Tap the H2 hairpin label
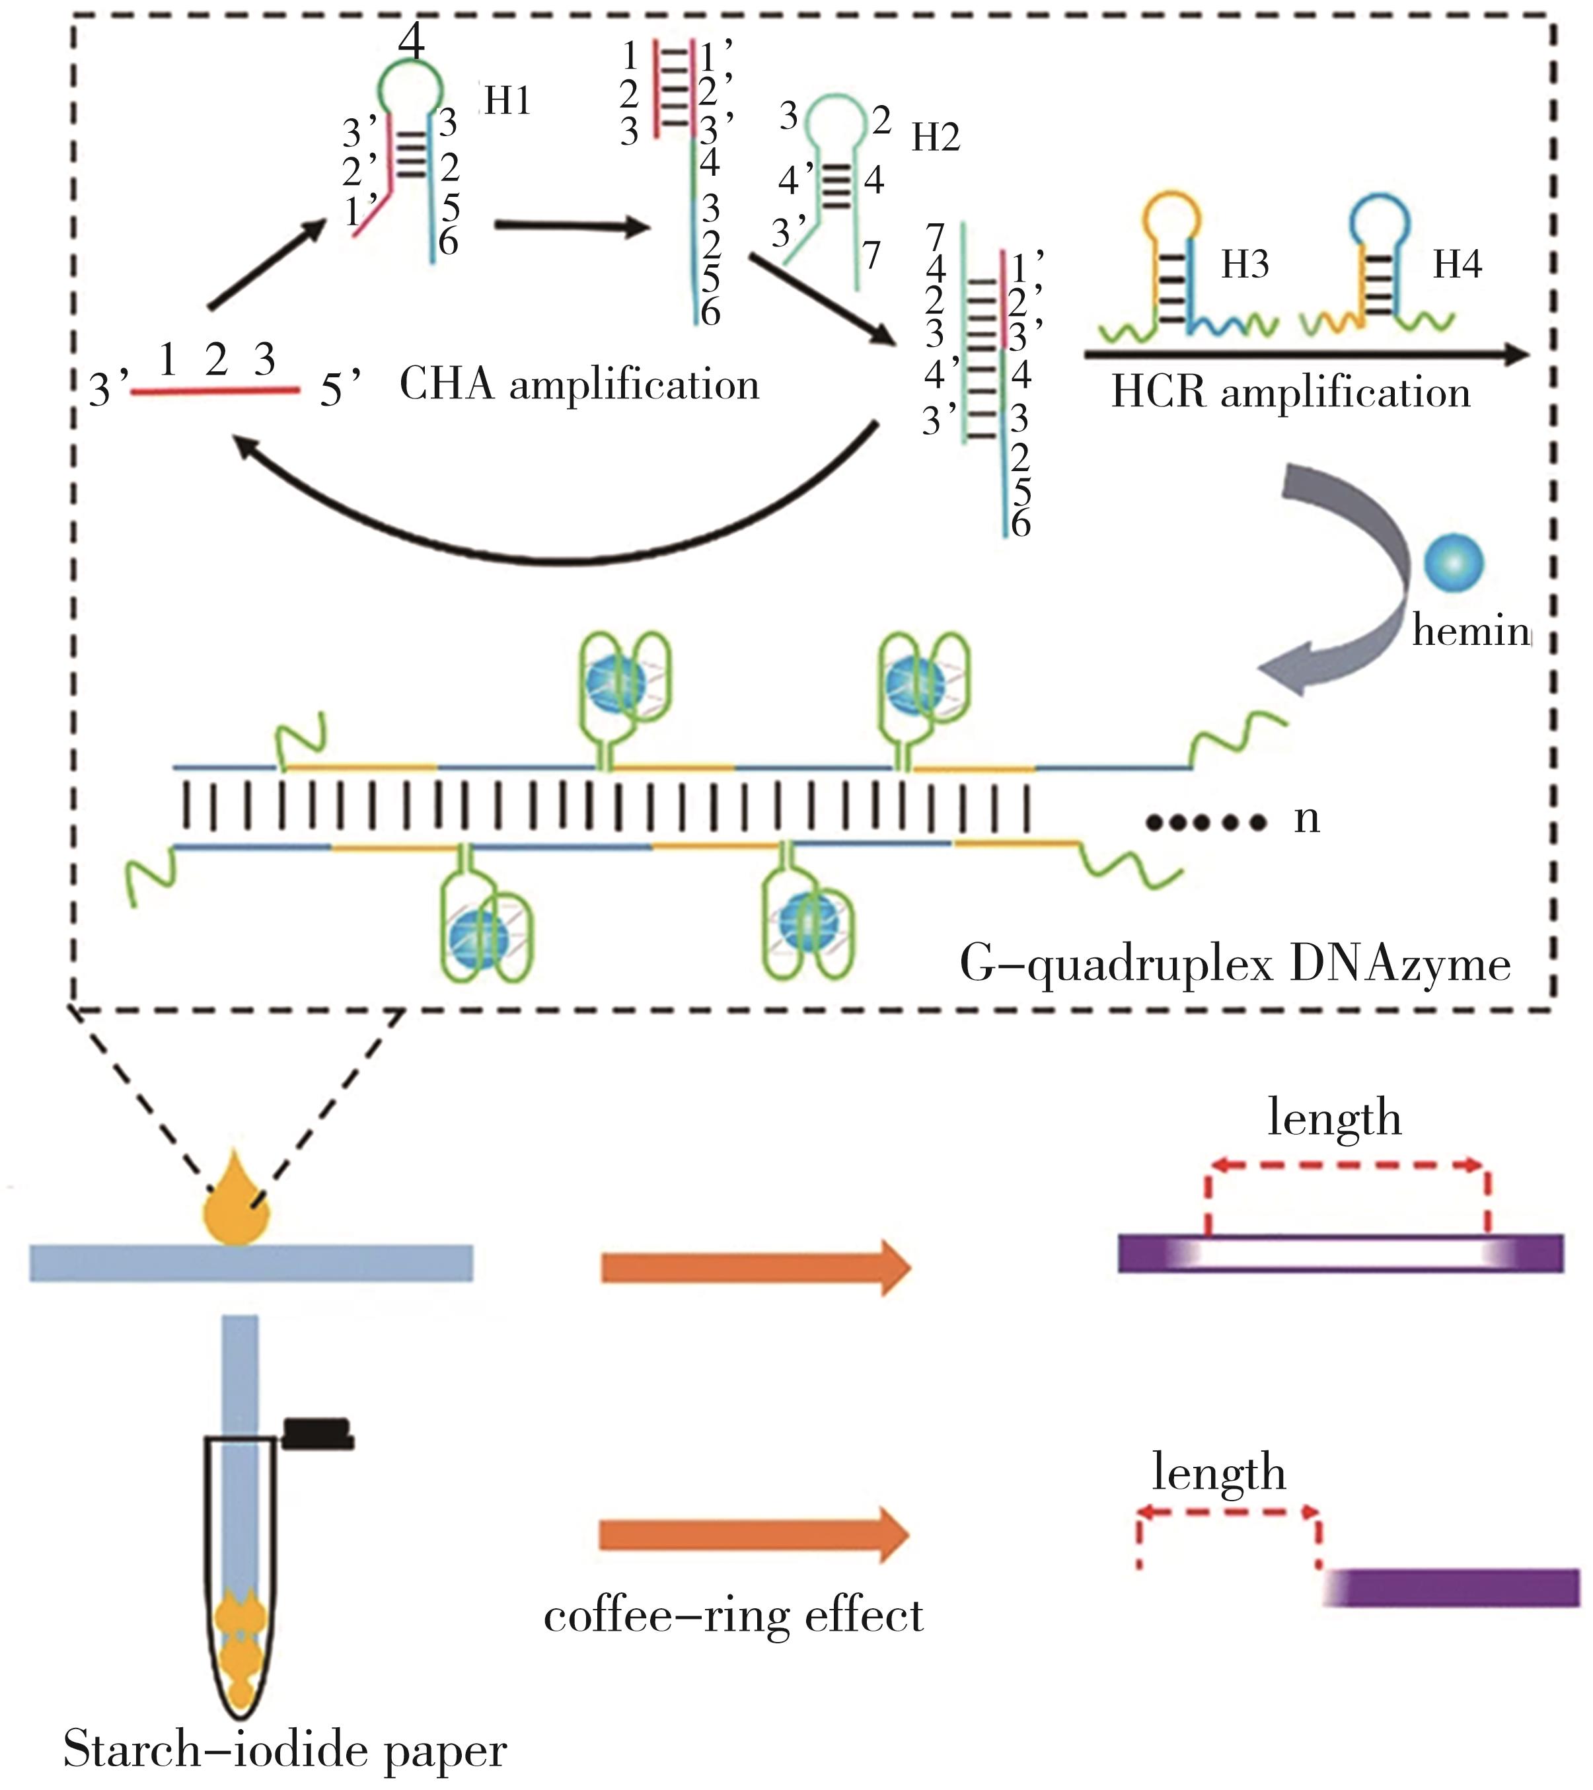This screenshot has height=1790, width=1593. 936,137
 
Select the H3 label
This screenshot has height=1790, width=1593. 1244,264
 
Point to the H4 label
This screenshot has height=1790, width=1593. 1458,264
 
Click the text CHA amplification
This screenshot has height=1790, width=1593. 579,385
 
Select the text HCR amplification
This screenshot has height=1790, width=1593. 1291,392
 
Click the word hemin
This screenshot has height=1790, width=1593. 1471,630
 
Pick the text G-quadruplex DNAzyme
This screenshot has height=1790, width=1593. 1236,965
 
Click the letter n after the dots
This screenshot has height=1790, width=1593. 1307,818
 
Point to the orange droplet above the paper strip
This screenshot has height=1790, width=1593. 237,1206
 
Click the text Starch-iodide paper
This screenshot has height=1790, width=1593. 285,1750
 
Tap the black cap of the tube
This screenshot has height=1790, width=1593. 317,1433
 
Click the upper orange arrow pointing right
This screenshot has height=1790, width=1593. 755,1267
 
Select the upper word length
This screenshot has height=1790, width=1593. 1335,1119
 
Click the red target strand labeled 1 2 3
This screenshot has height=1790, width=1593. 215,391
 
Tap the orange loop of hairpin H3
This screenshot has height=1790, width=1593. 1171,215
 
